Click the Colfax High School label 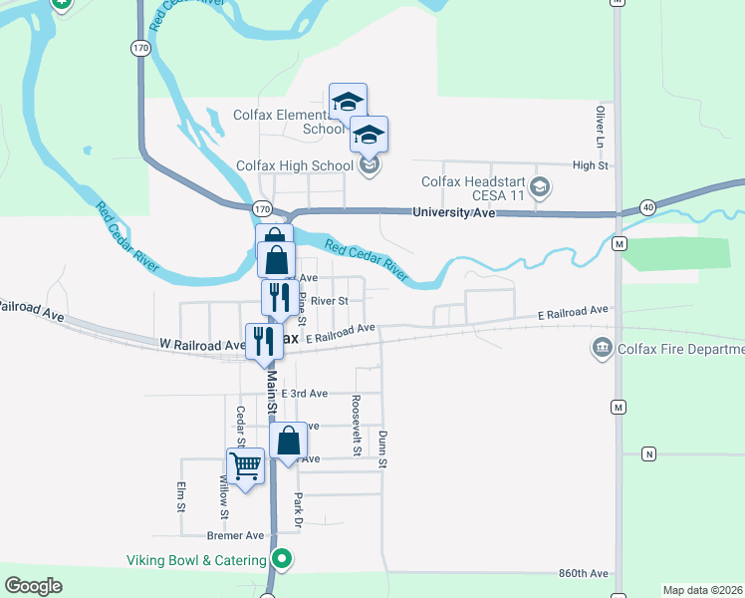click(x=294, y=165)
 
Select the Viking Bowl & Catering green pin click(x=282, y=559)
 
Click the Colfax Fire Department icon click(x=602, y=348)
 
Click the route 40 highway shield click(x=647, y=206)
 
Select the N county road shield click(x=649, y=454)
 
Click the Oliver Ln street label click(x=601, y=126)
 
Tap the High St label click(x=590, y=165)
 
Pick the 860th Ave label click(x=584, y=574)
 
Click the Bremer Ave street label click(x=228, y=535)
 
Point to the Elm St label click(x=181, y=496)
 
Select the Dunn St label click(x=381, y=448)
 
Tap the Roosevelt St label click(x=356, y=425)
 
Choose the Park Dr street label click(x=297, y=508)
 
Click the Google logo click(x=33, y=586)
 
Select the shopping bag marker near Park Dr click(x=288, y=440)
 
